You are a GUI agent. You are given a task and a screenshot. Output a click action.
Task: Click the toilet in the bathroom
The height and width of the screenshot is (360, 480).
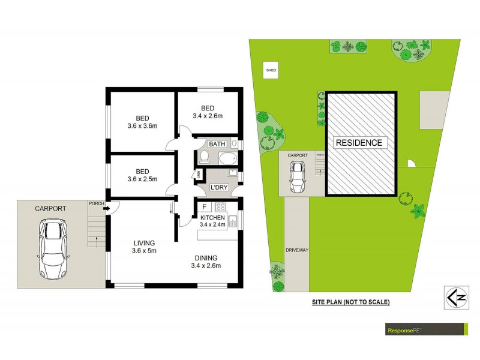tap(205, 157)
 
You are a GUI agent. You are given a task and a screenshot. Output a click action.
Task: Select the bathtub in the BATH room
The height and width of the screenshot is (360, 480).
tap(227, 160)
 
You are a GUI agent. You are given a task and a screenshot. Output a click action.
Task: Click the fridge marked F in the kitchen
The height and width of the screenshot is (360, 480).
tap(204, 207)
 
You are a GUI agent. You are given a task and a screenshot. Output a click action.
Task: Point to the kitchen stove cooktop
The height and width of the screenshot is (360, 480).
tap(220, 207)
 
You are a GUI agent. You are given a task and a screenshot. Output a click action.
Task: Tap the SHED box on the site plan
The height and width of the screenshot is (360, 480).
tap(271, 71)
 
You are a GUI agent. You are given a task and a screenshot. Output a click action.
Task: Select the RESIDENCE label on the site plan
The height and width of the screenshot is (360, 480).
tap(358, 143)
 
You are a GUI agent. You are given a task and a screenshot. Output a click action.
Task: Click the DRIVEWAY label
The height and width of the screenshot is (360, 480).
tap(296, 250)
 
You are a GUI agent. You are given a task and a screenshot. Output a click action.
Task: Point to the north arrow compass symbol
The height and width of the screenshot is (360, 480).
tap(457, 296)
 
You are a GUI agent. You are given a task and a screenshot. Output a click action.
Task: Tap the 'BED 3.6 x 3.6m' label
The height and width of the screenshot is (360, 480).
tap(142, 122)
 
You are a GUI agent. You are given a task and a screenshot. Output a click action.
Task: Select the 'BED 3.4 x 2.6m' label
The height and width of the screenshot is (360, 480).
tap(208, 112)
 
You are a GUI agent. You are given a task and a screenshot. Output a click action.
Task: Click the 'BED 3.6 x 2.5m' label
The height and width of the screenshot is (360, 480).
tap(142, 175)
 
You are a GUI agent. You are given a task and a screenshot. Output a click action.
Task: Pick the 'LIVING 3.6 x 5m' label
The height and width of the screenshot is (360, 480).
tap(145, 247)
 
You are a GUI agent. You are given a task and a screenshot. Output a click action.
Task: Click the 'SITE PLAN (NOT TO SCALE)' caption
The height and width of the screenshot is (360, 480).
tap(350, 302)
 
